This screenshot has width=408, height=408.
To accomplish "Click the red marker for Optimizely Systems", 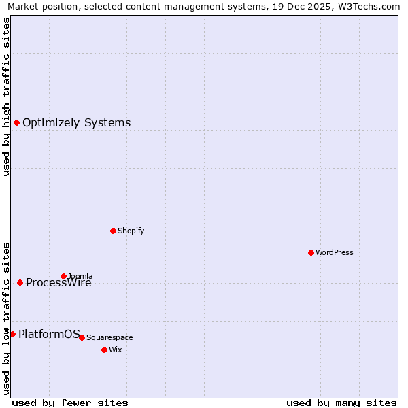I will [16, 122].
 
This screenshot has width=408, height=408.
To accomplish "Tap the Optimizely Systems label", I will [76, 123].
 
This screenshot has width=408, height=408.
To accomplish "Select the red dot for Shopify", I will [113, 231].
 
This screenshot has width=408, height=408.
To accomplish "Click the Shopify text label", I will [131, 231].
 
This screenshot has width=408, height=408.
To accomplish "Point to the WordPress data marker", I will [311, 252].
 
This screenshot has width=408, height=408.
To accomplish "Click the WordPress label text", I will [334, 252].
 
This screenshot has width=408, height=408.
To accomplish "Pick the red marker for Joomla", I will [63, 276].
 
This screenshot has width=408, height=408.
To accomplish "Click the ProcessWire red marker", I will [20, 282].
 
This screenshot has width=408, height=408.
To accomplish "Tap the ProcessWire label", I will [58, 283].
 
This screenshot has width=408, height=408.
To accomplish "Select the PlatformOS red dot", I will [12, 334].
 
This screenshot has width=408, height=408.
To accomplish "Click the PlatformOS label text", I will [49, 334].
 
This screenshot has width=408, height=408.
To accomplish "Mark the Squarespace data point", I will [82, 337].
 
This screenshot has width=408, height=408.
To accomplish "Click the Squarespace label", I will [109, 337].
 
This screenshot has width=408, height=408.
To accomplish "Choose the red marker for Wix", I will [104, 350].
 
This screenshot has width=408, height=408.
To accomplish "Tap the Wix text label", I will [115, 350].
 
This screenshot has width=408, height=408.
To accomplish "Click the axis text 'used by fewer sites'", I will [70, 403].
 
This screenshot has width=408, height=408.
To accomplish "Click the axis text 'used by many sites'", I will [341, 403].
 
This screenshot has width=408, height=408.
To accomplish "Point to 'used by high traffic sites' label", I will [6, 97].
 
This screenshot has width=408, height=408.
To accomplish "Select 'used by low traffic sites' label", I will [6, 318].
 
